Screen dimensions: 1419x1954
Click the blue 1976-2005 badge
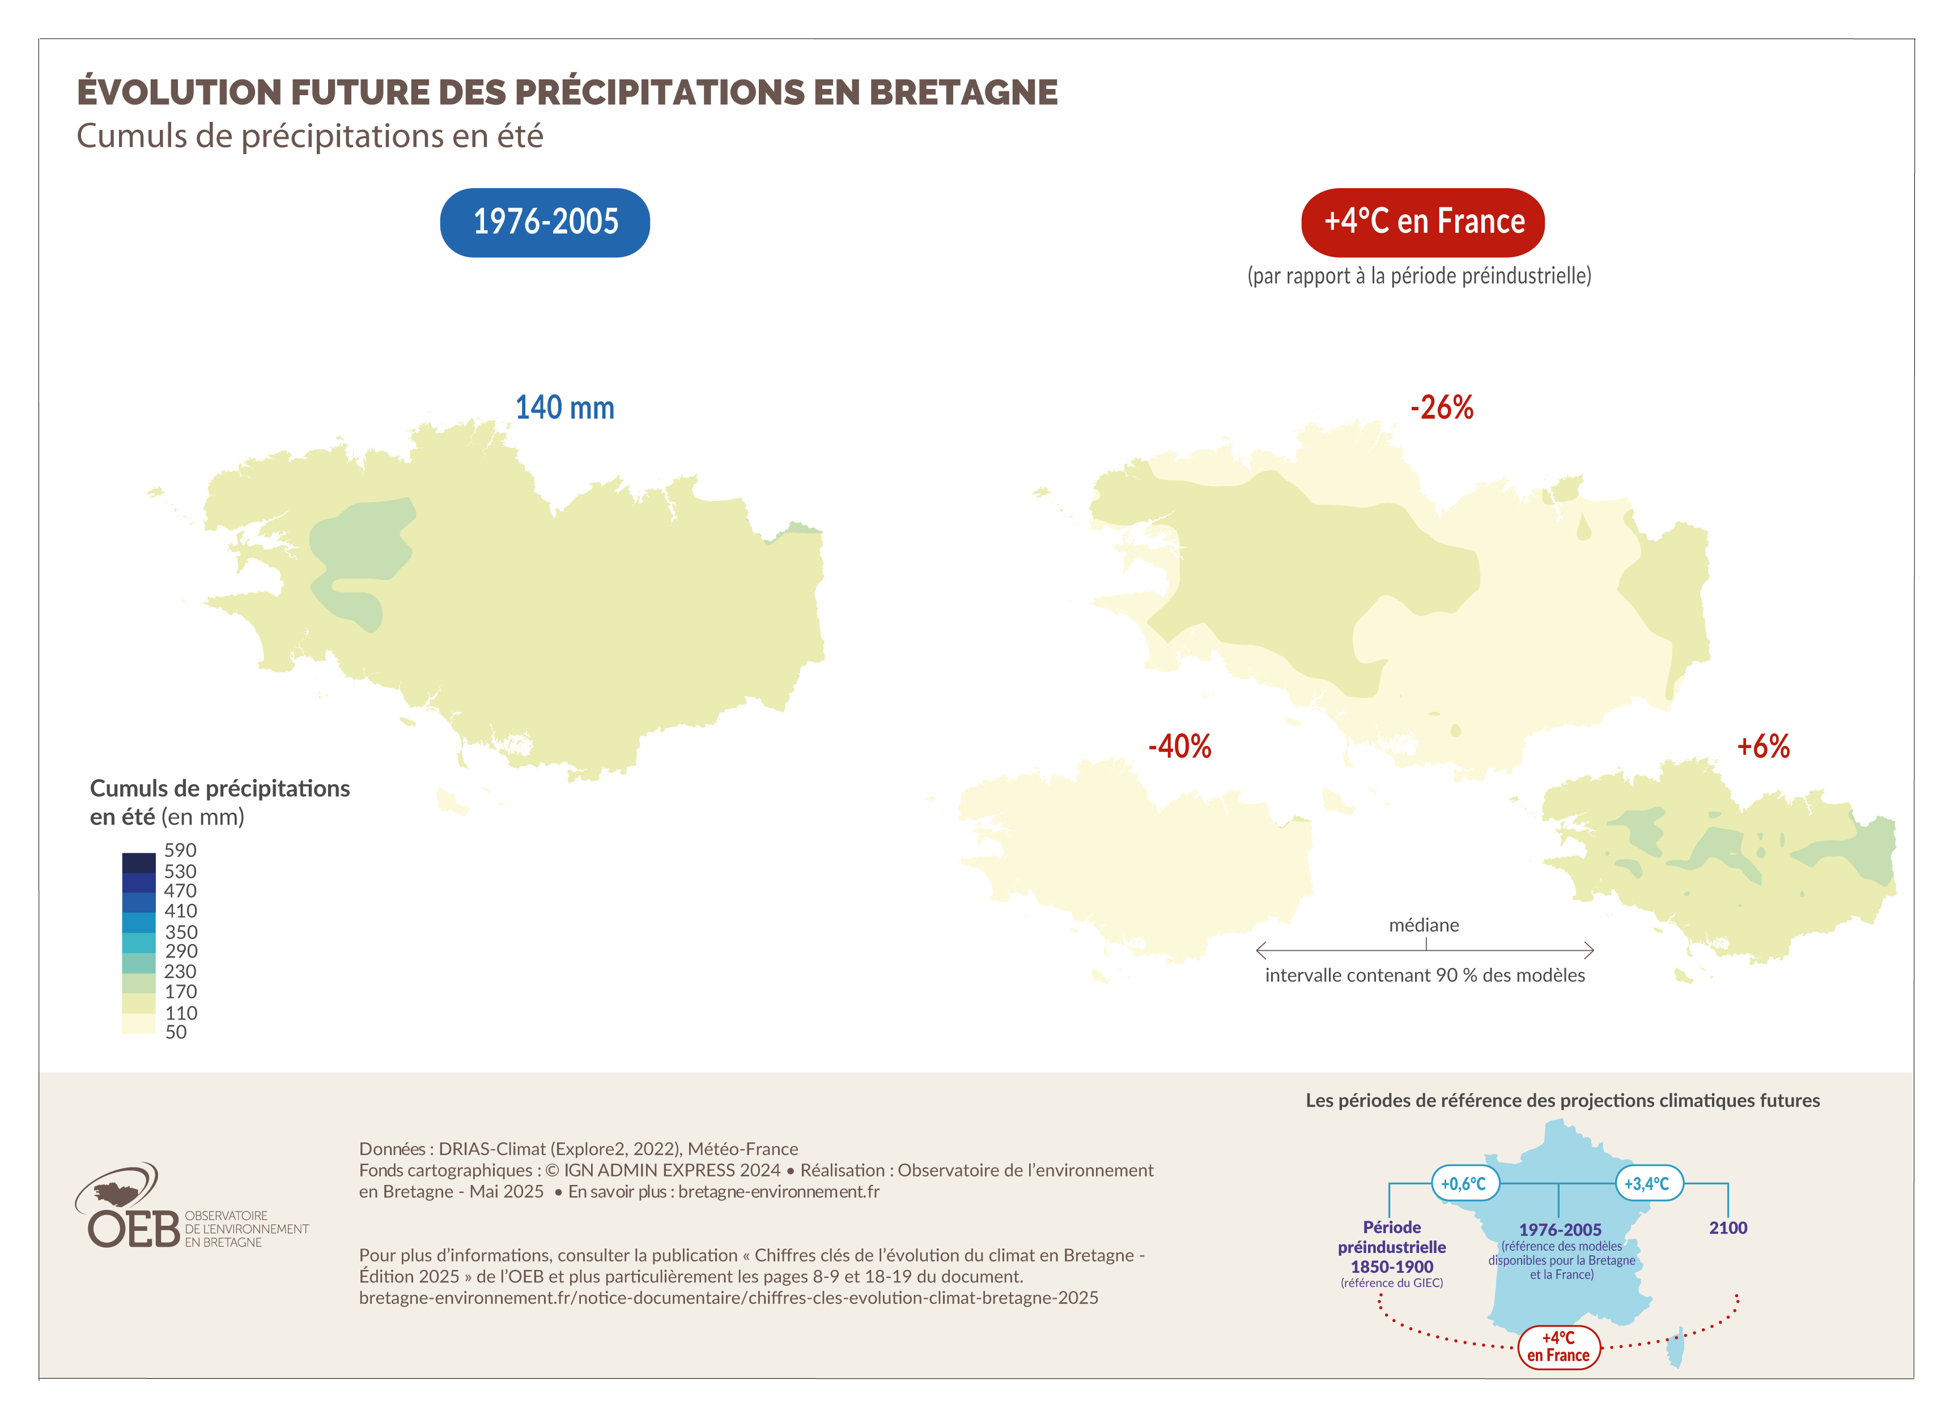(x=545, y=222)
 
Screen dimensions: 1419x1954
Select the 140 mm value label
(x=564, y=407)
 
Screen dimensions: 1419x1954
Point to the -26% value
(x=1441, y=407)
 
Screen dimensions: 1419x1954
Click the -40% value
(x=1179, y=746)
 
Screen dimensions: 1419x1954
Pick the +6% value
(x=1762, y=746)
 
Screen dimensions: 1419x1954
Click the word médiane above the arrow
(x=1424, y=925)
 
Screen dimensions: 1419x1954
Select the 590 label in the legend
(x=180, y=851)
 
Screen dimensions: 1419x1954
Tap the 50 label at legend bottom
(x=176, y=1032)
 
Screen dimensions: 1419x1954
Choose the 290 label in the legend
(x=181, y=951)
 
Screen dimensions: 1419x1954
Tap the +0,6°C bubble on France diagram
(x=1464, y=1184)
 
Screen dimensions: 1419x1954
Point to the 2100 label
(x=1727, y=1227)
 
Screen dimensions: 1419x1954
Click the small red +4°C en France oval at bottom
(x=1558, y=1346)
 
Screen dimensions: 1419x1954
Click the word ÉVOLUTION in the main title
(x=179, y=92)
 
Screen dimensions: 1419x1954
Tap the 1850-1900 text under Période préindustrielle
(x=1391, y=1267)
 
